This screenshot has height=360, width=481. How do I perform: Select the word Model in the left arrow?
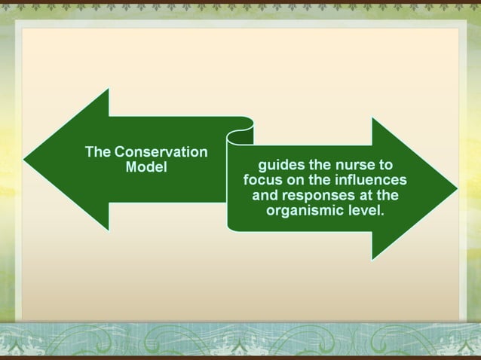point(146,166)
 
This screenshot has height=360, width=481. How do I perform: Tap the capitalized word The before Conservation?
point(98,151)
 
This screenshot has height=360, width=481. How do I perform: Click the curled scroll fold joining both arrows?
point(240,140)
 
